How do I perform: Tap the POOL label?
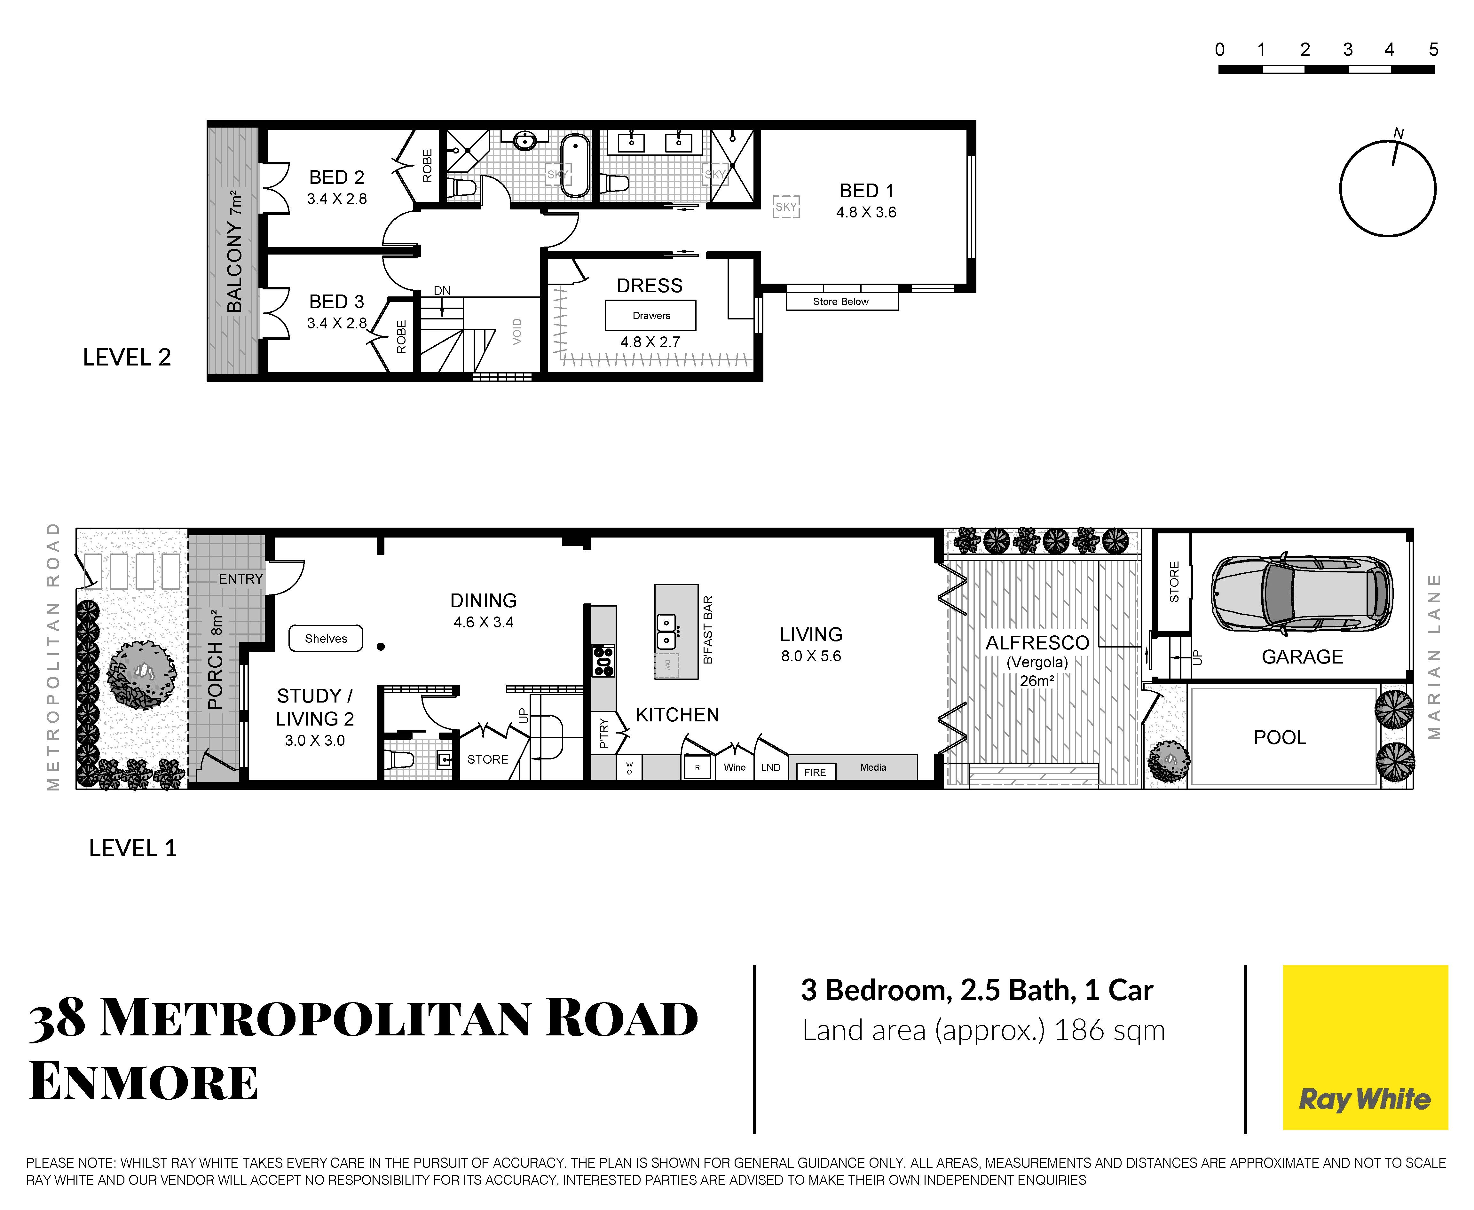coord(1280,737)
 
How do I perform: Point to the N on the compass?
coord(1398,133)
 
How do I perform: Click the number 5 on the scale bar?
coord(1434,50)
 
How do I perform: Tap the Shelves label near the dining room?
coord(326,639)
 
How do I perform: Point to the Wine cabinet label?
coord(735,767)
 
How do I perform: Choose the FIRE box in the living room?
coord(815,771)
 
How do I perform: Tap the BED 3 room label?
coord(337,302)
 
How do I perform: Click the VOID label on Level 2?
coord(516,331)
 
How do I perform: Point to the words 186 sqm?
coord(1109,1030)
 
